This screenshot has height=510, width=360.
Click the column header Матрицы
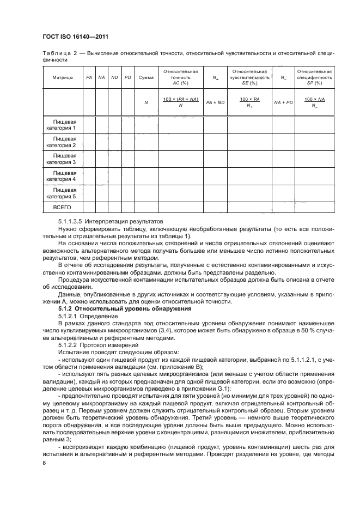click(63, 77)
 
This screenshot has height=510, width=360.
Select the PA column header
click(89, 77)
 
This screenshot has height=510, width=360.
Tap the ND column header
click(115, 77)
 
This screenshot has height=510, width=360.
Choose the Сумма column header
click(145, 77)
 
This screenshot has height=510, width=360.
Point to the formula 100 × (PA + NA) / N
click(180, 101)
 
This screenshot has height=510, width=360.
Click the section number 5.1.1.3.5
click(73, 222)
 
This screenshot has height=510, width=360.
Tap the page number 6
click(44, 463)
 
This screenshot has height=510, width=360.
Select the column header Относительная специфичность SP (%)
click(314, 77)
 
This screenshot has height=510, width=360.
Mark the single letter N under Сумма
click(145, 102)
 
